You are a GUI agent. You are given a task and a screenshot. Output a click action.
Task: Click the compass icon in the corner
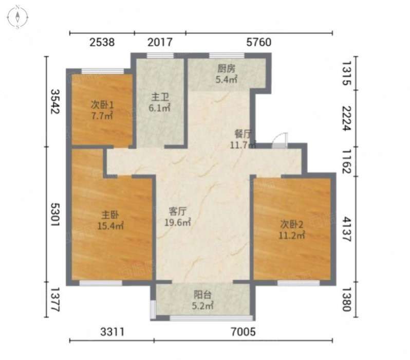pos(17,17)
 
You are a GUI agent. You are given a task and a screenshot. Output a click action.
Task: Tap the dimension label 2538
pos(102,42)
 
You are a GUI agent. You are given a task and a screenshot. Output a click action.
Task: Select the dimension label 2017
pos(160,42)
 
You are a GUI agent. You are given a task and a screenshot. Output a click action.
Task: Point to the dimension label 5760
pos(259,42)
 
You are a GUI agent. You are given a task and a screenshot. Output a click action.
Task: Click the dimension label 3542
pos(55,102)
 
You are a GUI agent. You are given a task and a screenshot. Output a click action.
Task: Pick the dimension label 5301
pos(55,214)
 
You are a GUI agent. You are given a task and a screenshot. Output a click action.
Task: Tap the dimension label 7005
pos(243,332)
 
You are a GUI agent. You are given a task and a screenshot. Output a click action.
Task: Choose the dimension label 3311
pos(113,332)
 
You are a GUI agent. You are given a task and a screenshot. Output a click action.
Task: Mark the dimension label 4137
pos(347,229)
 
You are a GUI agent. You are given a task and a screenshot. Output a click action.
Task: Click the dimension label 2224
pos(347,118)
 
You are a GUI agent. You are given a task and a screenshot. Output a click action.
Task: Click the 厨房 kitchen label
pos(227,68)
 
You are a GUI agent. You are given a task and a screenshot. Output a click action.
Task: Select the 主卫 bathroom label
pos(160,97)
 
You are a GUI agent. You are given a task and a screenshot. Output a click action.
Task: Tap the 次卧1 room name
pos(102,105)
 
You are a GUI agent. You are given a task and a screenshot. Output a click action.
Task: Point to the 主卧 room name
pos(110,215)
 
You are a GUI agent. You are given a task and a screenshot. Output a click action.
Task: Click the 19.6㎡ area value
pos(177,223)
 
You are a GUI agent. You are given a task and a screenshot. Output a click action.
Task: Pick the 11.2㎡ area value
pos(291,236)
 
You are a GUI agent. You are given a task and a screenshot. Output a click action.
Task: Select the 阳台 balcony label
pos(202,295)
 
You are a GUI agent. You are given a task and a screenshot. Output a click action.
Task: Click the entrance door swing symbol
pos(280,140)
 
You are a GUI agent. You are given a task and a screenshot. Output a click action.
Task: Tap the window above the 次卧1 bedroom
pos(103,71)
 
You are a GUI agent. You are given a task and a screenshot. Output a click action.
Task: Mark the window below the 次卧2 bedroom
pos(299,283)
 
